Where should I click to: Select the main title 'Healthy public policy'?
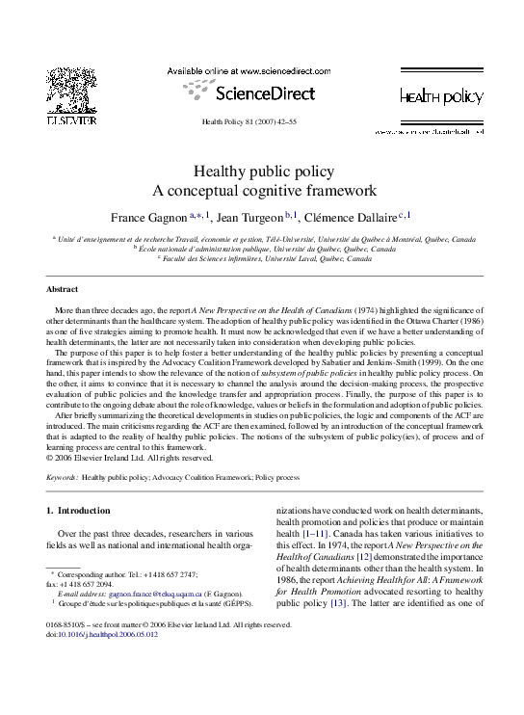coord(261,171)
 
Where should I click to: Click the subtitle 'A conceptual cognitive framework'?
coord(261,190)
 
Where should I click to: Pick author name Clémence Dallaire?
coord(357,216)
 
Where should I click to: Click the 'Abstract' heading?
coord(63,288)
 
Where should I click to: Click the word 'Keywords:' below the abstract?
coord(63,477)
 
